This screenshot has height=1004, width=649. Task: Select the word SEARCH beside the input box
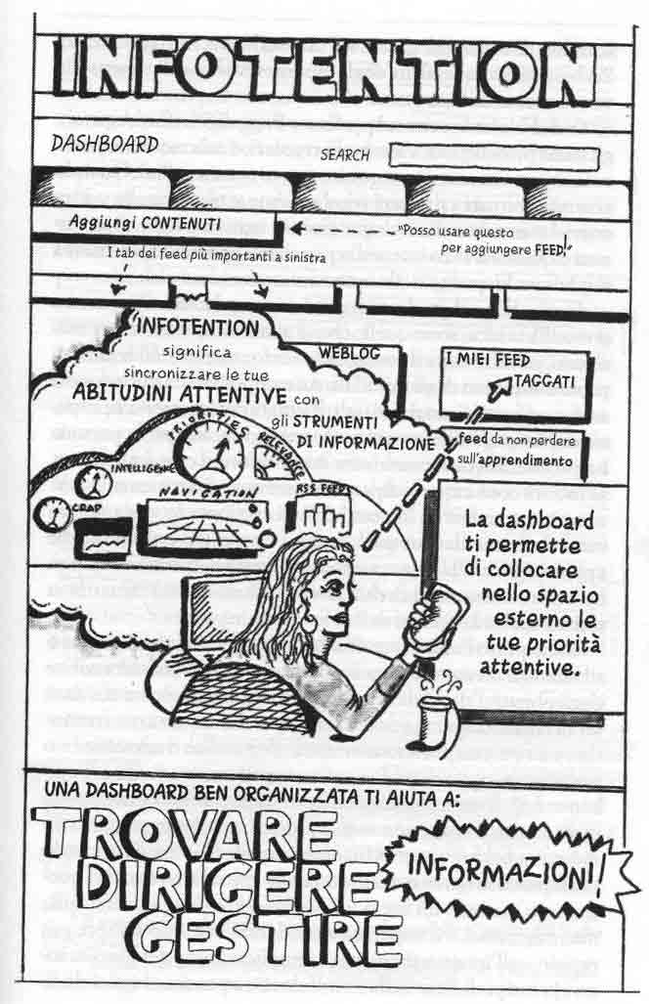(x=345, y=155)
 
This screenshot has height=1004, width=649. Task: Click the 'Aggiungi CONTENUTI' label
(x=145, y=222)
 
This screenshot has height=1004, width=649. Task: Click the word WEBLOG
(x=344, y=351)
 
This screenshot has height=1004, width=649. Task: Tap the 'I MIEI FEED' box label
(x=488, y=360)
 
